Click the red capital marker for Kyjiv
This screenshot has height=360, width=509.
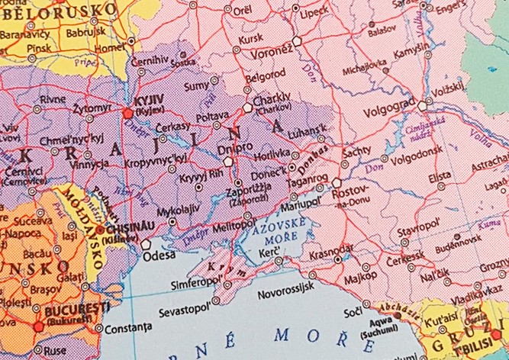pos(127,113)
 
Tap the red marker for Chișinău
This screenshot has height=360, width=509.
pos(100,228)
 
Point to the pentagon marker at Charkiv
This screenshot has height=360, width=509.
pos(246,108)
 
